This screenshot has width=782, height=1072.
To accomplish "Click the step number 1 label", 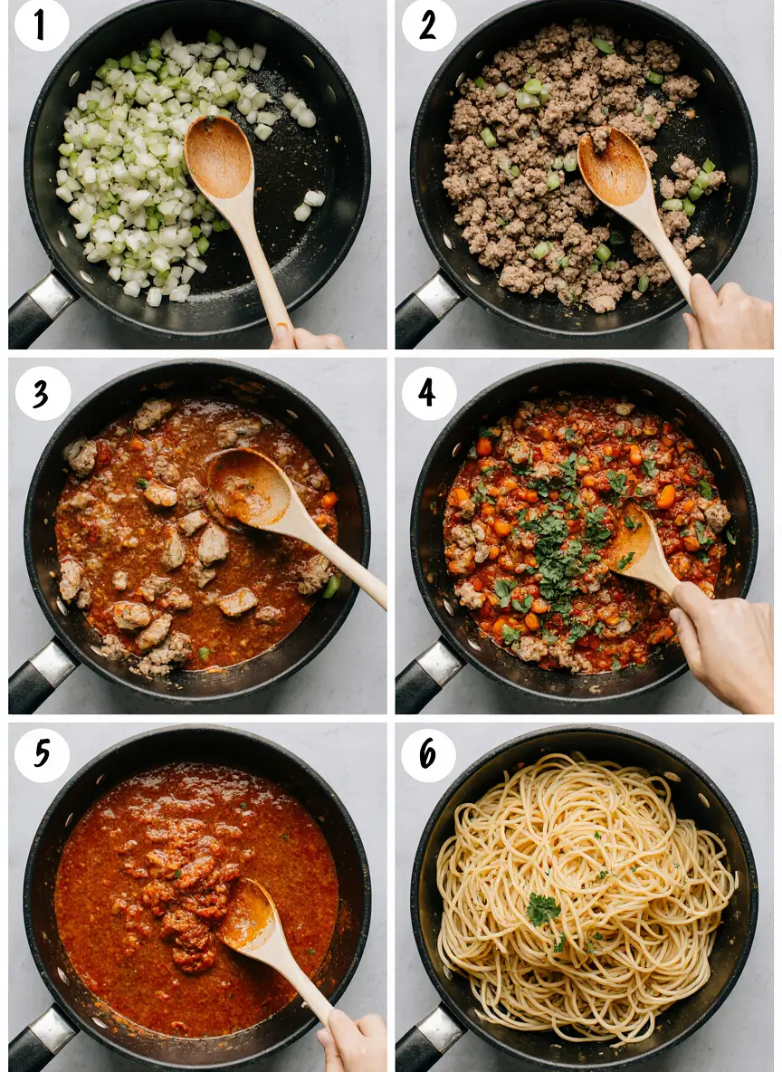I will coord(42,24).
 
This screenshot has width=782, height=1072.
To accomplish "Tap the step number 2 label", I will coord(428,24).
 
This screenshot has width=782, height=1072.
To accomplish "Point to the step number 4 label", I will coord(428,393).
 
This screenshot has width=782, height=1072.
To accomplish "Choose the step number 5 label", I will coord(42,754).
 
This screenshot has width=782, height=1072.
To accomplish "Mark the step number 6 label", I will coord(428,754).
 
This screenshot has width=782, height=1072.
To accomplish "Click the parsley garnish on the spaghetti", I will coord(543,908).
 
